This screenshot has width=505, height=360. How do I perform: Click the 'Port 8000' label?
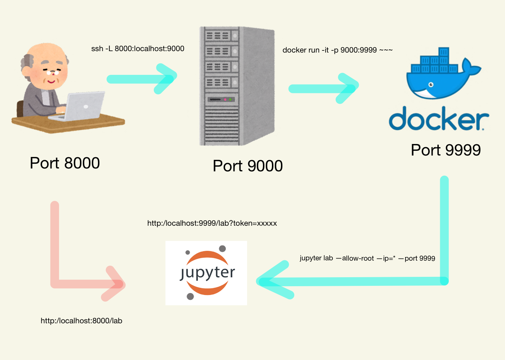[65, 163]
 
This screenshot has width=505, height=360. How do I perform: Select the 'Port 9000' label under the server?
[247, 166]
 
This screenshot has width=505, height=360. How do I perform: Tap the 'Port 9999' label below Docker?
[446, 150]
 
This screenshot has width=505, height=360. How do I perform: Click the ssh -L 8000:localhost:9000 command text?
[138, 49]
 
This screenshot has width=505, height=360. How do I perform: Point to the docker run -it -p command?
[337, 50]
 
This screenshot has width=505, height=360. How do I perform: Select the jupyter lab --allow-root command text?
[367, 258]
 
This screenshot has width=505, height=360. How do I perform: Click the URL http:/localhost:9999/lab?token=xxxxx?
[212, 223]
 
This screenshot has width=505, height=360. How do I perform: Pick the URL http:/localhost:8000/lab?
[81, 321]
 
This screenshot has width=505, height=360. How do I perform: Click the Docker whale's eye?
[431, 85]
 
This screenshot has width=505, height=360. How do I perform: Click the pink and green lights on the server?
[228, 99]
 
